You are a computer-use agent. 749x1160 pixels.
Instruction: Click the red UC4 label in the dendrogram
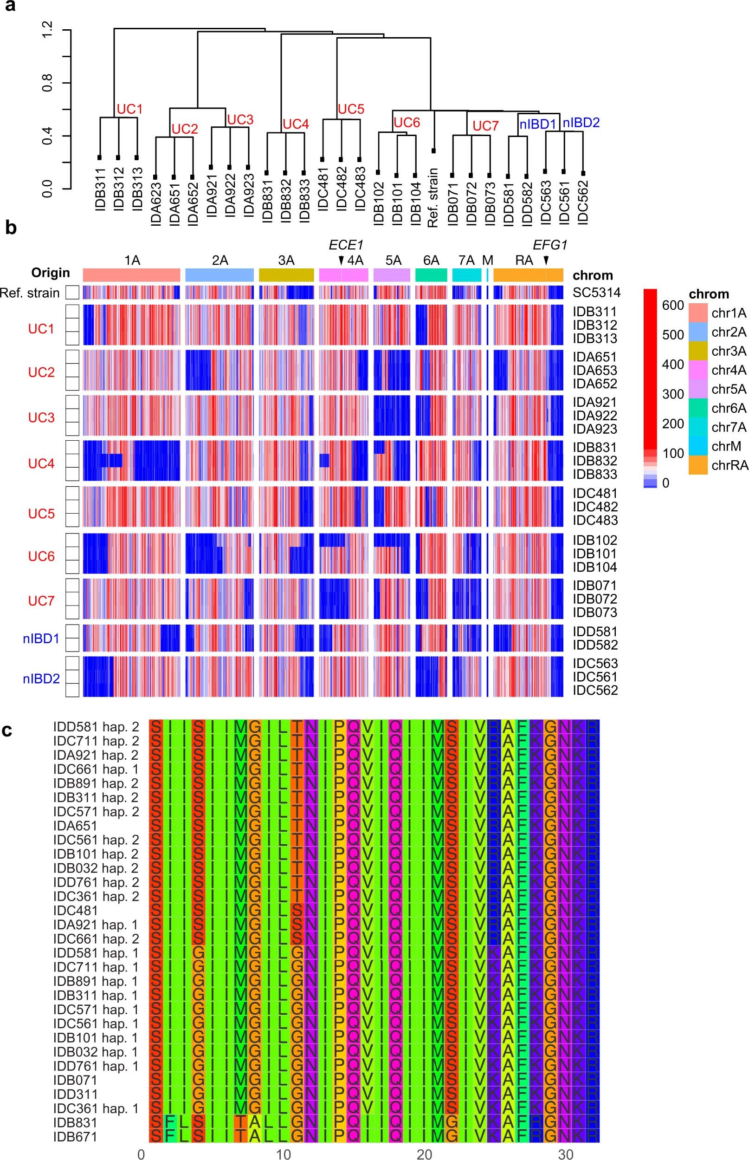pos(296,124)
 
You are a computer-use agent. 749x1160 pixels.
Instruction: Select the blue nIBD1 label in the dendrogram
pos(537,124)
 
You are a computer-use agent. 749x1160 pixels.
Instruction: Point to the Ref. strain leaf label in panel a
pos(433,197)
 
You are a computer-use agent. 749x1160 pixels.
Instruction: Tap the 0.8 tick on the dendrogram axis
pos(48,83)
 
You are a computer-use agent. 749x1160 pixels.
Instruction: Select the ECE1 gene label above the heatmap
pos(346,245)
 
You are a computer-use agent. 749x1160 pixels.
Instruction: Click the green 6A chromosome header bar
pos(431,275)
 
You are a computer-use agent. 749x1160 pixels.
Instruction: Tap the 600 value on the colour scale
pos(673,305)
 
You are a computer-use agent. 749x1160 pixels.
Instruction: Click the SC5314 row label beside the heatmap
pos(596,293)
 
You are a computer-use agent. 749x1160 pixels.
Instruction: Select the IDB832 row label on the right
pos(595,460)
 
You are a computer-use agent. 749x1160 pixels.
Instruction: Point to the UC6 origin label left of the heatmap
pos(41,556)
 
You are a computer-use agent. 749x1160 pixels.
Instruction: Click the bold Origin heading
pos(51,273)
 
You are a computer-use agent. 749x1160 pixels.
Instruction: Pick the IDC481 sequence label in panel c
pos(76,910)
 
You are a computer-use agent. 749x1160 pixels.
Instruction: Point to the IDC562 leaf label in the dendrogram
pos(584,202)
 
